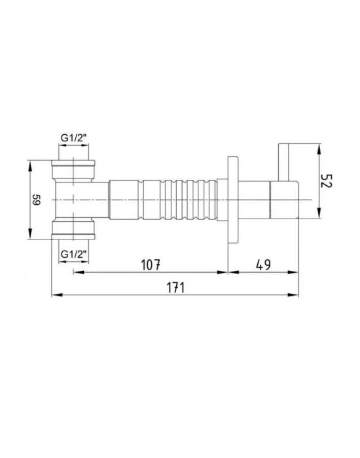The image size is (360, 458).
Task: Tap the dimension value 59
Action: [37, 201]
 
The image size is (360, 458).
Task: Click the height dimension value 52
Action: [327, 181]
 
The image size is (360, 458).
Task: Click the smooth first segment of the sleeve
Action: [124, 200]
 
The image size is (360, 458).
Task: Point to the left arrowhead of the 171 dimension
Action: [55, 295]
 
